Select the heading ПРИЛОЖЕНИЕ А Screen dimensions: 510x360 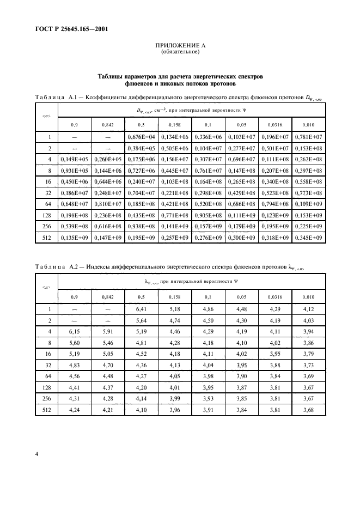click(180, 46)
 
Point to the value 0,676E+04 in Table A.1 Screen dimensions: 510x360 click(141, 137)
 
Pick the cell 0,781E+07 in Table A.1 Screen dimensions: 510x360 click(308, 137)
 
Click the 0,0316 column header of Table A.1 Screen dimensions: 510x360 click(274, 125)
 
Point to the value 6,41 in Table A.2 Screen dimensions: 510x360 click(141, 309)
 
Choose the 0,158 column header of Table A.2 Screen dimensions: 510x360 click(174, 296)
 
